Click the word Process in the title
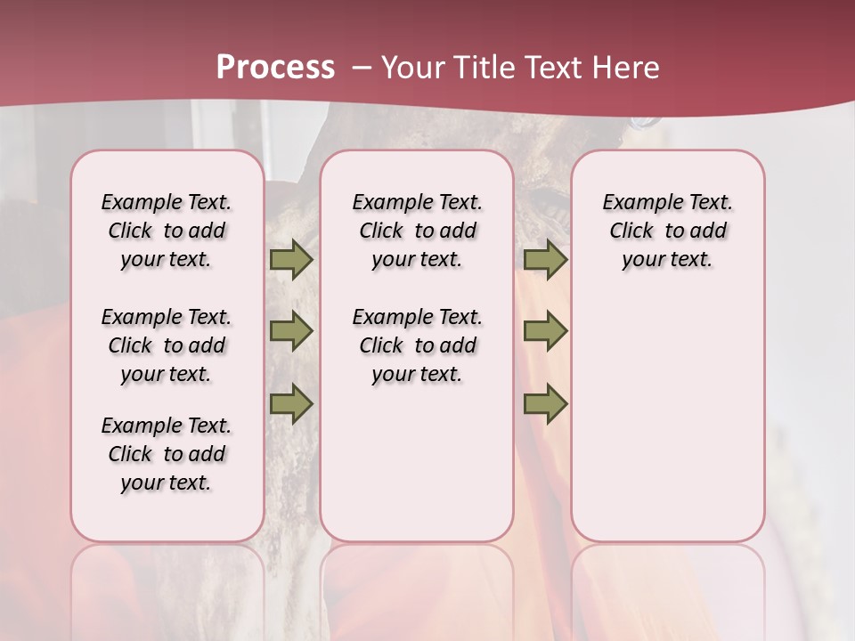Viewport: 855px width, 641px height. (274, 67)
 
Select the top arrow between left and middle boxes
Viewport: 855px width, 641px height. (290, 259)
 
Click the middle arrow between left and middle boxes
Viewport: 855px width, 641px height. (290, 331)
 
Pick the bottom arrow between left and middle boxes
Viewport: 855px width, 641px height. (290, 403)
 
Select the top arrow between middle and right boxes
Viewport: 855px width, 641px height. (545, 259)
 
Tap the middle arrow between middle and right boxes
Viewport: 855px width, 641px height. (545, 331)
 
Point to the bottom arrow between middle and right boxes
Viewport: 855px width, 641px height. (545, 403)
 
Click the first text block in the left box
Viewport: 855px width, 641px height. (167, 231)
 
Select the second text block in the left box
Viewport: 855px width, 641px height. (167, 345)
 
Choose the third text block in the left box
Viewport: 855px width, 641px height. (167, 454)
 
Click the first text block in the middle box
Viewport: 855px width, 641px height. (418, 231)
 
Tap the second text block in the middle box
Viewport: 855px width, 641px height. (418, 345)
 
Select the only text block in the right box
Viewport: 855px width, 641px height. (668, 231)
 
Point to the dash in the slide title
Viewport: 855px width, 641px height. (361, 68)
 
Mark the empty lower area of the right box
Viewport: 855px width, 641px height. (668, 418)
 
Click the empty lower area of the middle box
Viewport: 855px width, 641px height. (417, 463)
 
